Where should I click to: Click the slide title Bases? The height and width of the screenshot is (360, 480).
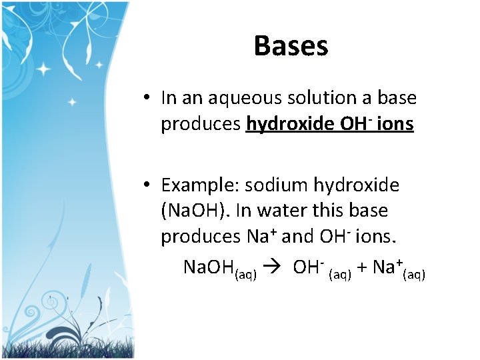coord(291,46)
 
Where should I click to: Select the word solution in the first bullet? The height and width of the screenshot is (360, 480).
coord(323,98)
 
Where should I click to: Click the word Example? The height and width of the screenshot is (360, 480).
coord(199,185)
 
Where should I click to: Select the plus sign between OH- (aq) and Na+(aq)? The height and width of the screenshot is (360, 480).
coord(361,268)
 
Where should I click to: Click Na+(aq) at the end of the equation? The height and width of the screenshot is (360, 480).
coord(399,269)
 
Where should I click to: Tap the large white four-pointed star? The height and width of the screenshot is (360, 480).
coord(45,69)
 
